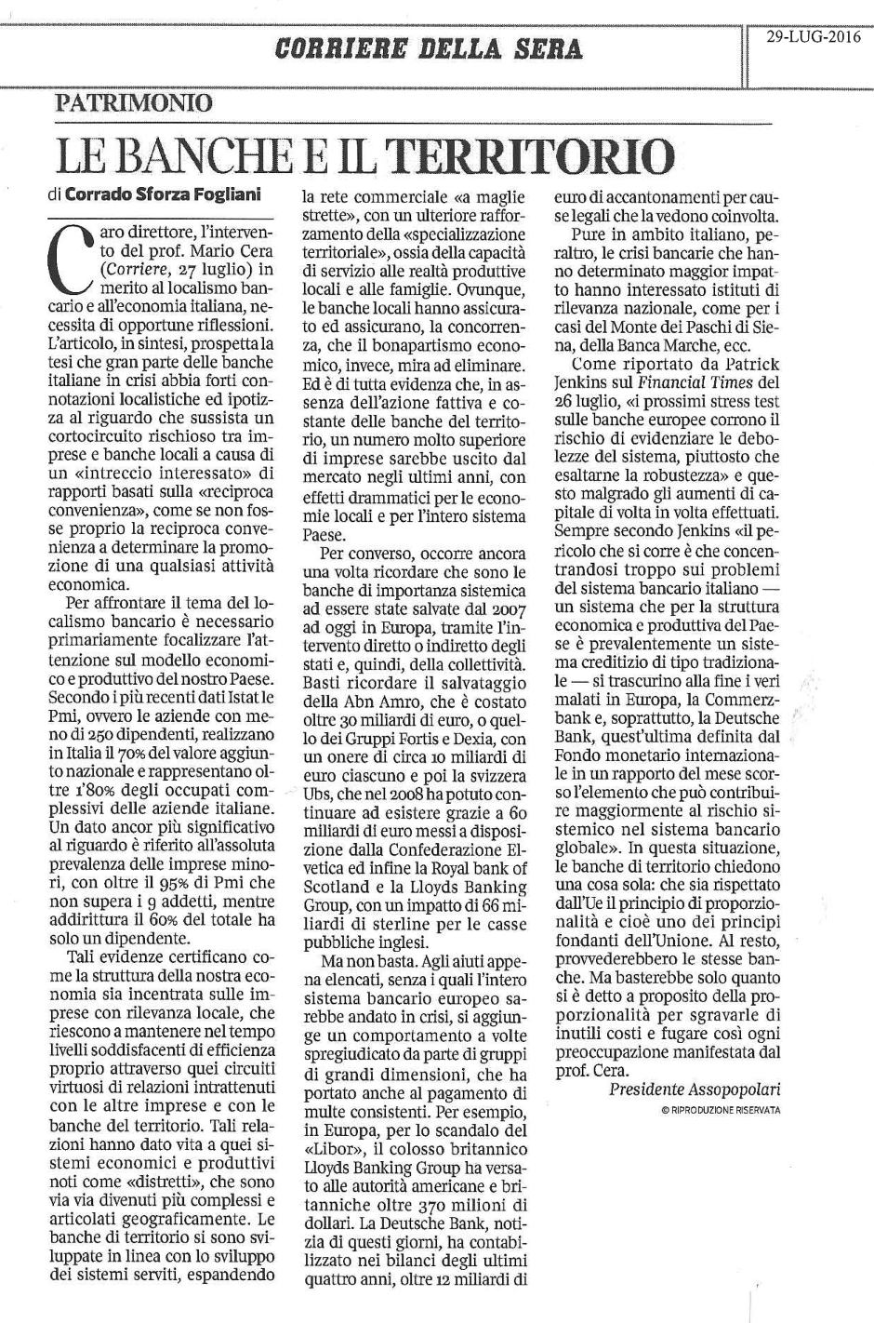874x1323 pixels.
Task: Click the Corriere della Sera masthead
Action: pyautogui.click(x=429, y=48)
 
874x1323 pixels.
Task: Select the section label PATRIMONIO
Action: pyautogui.click(x=133, y=103)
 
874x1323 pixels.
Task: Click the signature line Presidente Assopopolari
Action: pyautogui.click(x=695, y=1089)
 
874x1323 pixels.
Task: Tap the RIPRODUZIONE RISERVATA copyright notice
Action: pyautogui.click(x=722, y=1111)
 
